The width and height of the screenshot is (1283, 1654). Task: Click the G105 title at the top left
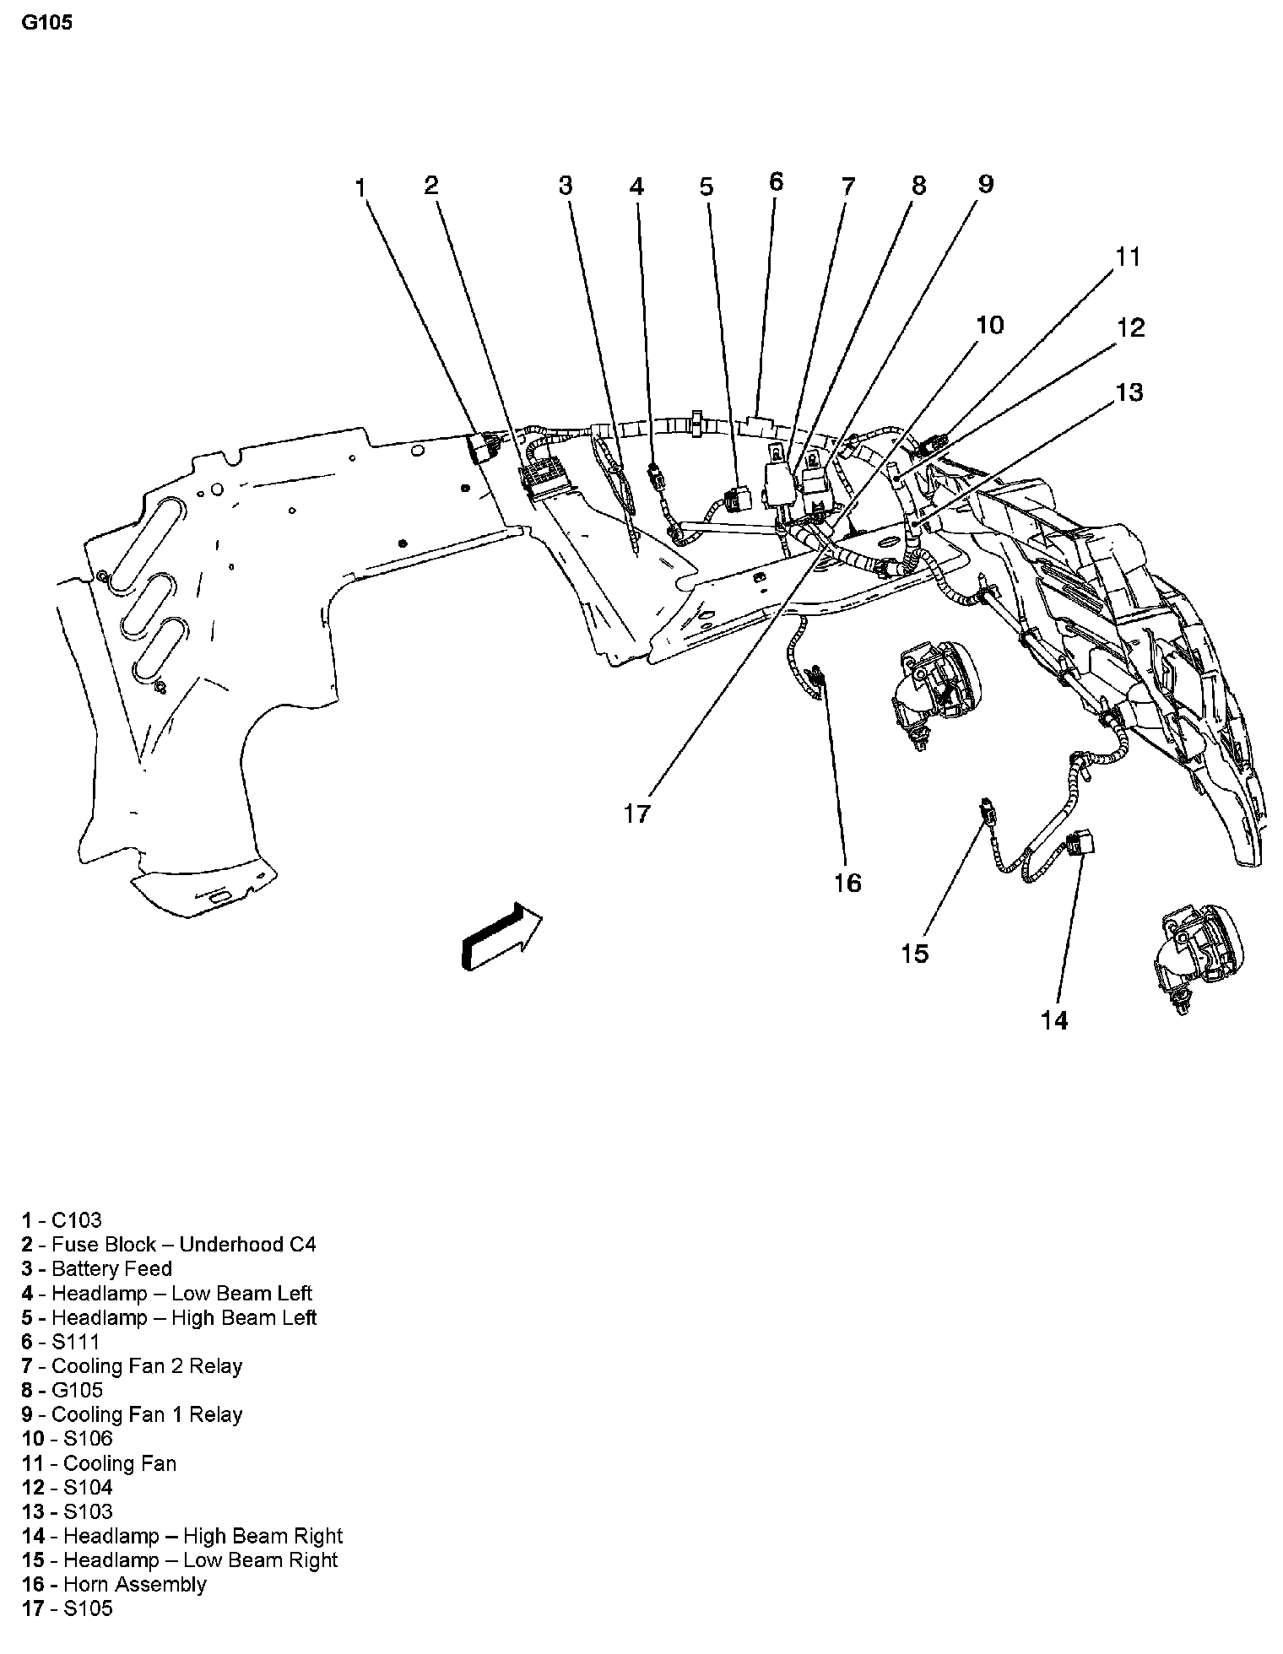[48, 23]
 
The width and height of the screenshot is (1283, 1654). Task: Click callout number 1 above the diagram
[360, 186]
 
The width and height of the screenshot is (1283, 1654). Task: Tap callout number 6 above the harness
[776, 181]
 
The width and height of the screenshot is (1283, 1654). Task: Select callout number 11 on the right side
[1129, 257]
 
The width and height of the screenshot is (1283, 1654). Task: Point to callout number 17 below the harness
[637, 813]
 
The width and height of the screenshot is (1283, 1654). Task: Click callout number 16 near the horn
[847, 883]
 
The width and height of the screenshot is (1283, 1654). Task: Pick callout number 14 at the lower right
[1053, 1020]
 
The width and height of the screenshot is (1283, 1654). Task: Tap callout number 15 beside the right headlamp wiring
[915, 954]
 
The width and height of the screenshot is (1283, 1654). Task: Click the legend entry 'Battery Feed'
[111, 1269]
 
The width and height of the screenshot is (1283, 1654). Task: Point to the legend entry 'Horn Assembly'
[134, 1585]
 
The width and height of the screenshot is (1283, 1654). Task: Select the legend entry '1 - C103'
[62, 1220]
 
